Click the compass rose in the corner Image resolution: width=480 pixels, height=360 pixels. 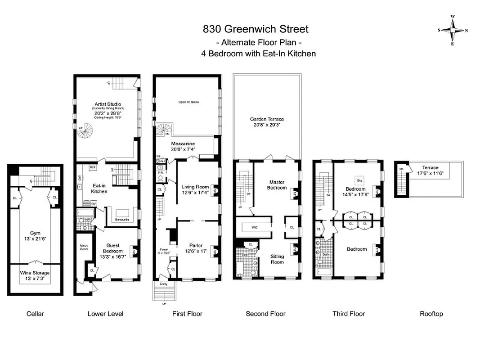coord(453,31)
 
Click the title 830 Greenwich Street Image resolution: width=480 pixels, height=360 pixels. coord(256,29)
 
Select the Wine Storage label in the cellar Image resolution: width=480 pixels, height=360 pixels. coord(35,273)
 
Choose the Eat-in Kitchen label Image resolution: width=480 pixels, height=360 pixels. coord(99,188)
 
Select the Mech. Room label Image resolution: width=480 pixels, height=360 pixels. coord(84,247)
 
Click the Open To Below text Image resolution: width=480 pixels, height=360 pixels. coord(188,102)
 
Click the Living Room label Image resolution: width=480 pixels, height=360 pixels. coord(195,187)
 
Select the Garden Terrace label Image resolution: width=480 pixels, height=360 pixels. coord(267,119)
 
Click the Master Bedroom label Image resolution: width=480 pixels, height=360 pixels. coord(277,185)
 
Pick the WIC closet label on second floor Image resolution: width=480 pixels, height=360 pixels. coord(254,228)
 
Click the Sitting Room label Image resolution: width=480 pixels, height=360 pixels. coord(277,259)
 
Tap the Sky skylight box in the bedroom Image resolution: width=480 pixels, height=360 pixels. coord(359,180)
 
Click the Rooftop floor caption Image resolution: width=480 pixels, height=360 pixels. coord(431,314)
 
